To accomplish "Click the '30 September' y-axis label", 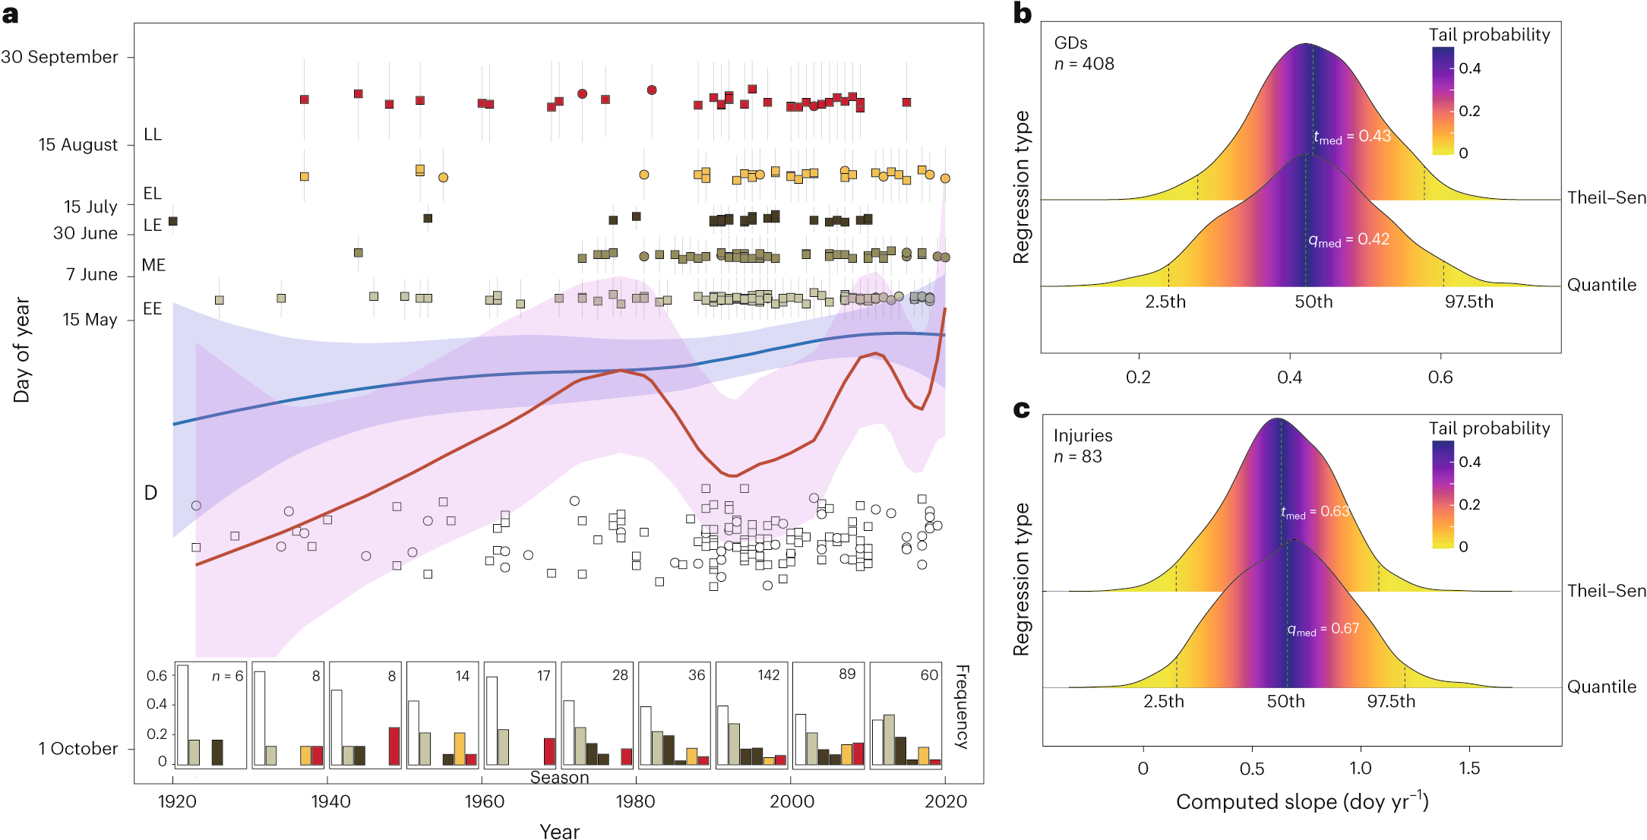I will click(x=59, y=57).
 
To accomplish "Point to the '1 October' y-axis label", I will click(x=78, y=749).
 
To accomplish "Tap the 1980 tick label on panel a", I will click(x=635, y=801).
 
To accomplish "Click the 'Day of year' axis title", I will click(x=22, y=349).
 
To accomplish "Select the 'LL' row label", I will click(x=153, y=134).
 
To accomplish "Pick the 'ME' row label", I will click(x=153, y=265).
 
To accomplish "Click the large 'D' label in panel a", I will click(x=150, y=493).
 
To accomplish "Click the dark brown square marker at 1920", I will click(x=173, y=221).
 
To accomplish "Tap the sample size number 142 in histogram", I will click(x=768, y=675).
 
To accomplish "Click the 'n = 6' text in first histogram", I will click(x=227, y=676).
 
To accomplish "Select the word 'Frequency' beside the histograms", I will click(x=962, y=706).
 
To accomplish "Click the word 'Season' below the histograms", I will click(x=559, y=778).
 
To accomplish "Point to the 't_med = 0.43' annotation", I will click(x=1352, y=137).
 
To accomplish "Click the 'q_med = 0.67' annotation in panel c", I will click(x=1323, y=629).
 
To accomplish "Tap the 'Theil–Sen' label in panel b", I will click(x=1606, y=198).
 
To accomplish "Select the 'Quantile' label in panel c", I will click(x=1601, y=687).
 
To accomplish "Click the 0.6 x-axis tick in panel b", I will click(x=1440, y=377).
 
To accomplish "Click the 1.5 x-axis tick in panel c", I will click(x=1468, y=769).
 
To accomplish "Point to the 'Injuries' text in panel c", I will click(x=1083, y=436).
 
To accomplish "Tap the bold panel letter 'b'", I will click(x=1023, y=14).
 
